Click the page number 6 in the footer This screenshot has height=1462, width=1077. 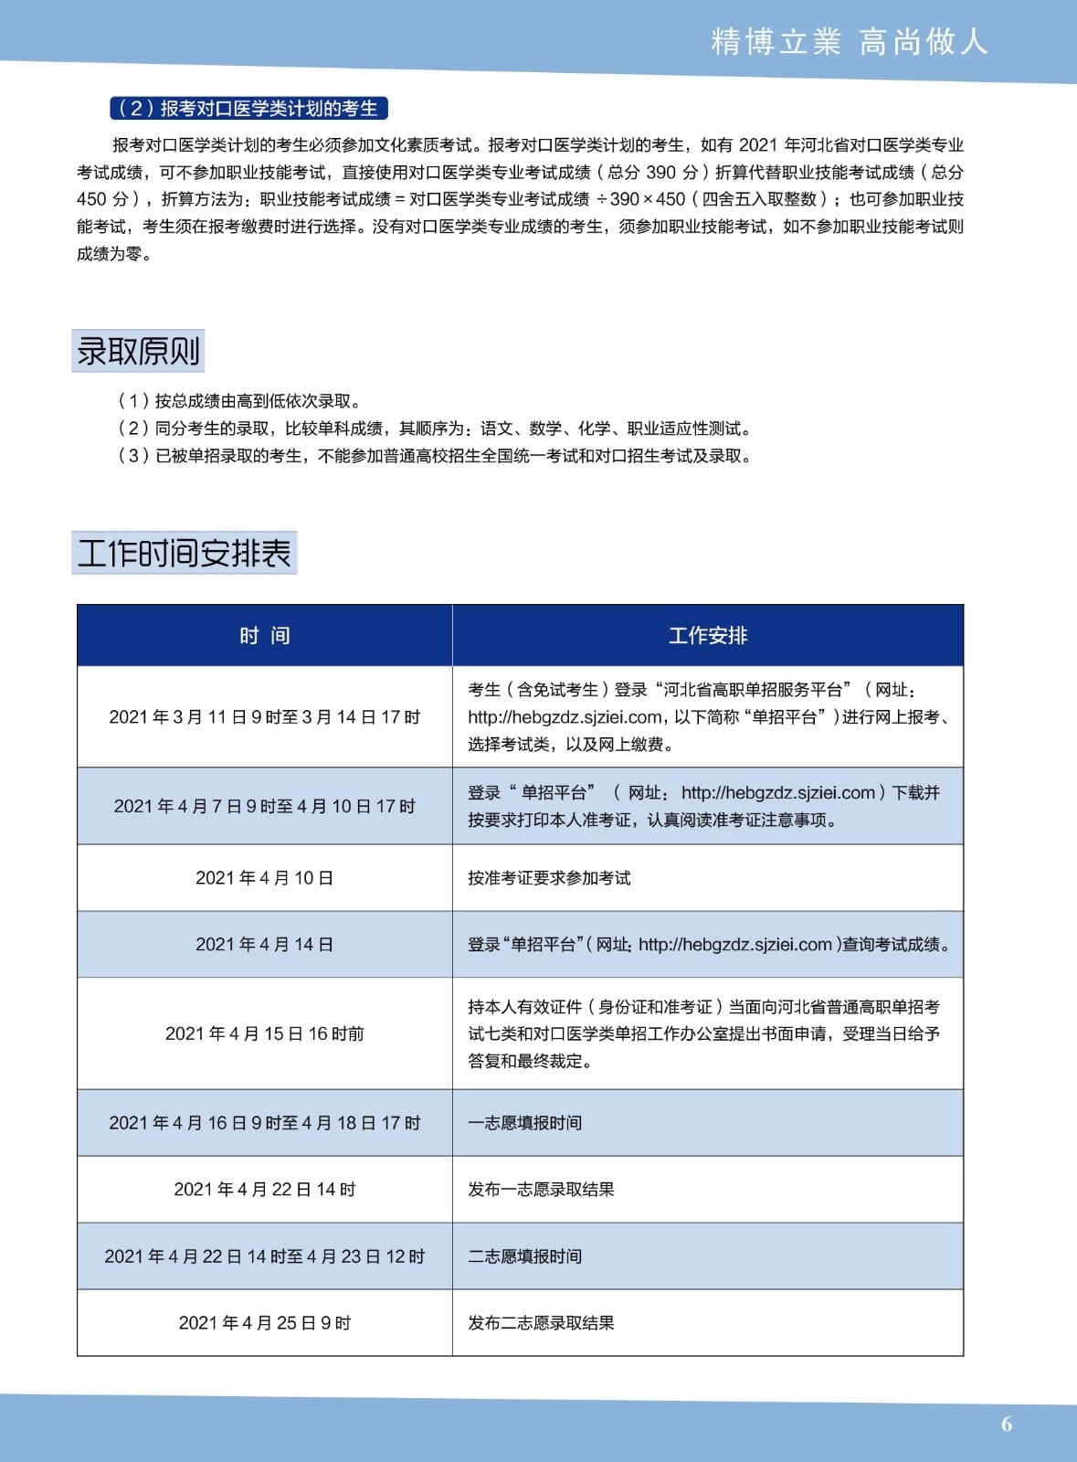pos(1007,1424)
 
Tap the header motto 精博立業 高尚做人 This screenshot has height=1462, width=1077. pos(849,42)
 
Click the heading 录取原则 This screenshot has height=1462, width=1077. pos(138,351)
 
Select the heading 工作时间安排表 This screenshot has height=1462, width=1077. pos(184,553)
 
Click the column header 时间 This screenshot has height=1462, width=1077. pos(265,636)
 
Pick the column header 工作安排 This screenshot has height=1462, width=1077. pos(708,636)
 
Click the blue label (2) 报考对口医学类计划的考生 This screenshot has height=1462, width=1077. pos(248,109)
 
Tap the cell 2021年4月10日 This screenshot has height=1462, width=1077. pos(265,878)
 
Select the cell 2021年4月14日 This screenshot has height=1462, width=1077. pos(265,945)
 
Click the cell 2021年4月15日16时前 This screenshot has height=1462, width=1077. pos(265,1033)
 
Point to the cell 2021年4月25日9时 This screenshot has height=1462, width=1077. pos(265,1323)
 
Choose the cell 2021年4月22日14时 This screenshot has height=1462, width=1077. pos(265,1190)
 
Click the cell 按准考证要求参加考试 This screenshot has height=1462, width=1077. pos(549,878)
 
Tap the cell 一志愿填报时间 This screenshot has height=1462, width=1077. pos(524,1123)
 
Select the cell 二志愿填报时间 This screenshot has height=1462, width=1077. pos(524,1256)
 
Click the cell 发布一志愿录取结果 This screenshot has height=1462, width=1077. pos(541,1190)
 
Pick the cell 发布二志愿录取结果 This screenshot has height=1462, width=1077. pos(541,1323)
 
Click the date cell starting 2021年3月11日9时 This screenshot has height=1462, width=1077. pos(265,717)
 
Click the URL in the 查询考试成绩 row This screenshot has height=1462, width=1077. pos(735,945)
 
